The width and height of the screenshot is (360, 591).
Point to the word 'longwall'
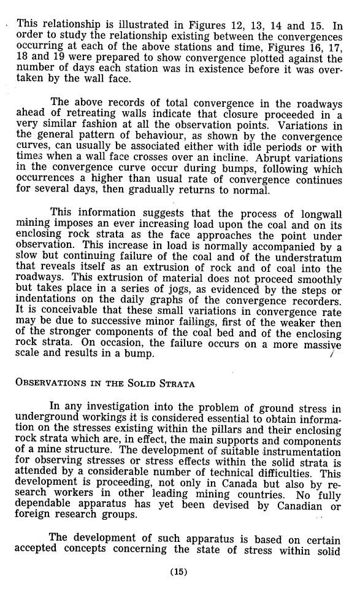pyautogui.click(x=315, y=213)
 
